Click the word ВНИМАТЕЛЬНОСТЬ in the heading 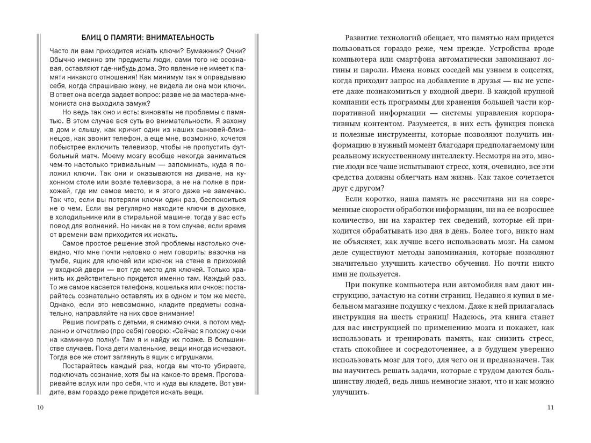(179, 38)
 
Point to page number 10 (41, 408)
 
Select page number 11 (550, 408)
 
